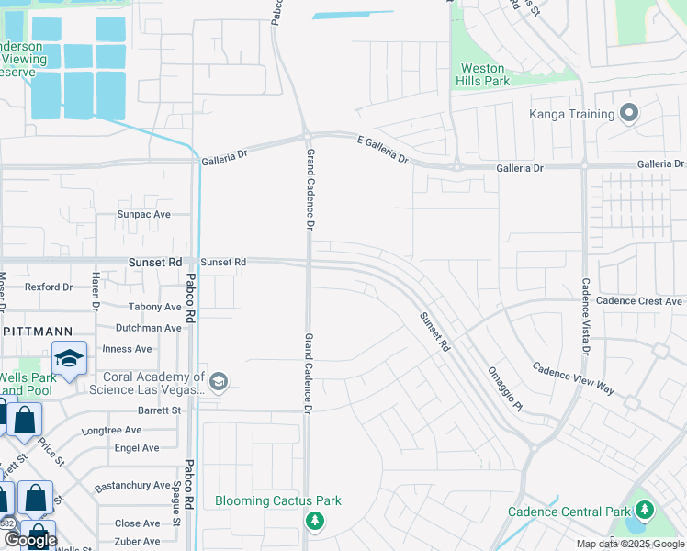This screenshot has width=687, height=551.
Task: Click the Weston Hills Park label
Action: (x=483, y=74)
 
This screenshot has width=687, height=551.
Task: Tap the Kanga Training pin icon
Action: (x=629, y=114)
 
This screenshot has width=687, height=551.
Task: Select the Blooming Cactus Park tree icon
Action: (x=315, y=521)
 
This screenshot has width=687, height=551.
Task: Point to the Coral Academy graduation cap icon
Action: (x=218, y=382)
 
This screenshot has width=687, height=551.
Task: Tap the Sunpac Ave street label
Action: (x=143, y=214)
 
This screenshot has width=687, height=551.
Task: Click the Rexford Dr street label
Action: (x=48, y=287)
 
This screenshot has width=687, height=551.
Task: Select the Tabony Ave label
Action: (x=155, y=307)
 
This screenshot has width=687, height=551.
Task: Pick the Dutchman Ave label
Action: (x=149, y=328)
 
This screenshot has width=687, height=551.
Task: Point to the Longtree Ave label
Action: (x=111, y=430)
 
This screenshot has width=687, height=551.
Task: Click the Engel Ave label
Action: (x=138, y=448)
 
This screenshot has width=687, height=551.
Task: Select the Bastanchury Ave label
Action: (x=132, y=485)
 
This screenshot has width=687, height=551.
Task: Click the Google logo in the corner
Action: (x=30, y=540)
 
